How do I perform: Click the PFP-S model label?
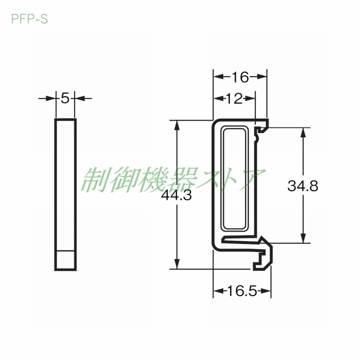pyautogui.click(x=29, y=19)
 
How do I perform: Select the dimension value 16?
pyautogui.click(x=240, y=77)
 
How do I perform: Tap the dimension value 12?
pyautogui.click(x=234, y=99)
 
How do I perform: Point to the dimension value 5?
pyautogui.click(x=65, y=98)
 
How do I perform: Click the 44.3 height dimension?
pyautogui.click(x=176, y=196)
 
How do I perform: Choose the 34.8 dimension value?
pyautogui.click(x=303, y=186)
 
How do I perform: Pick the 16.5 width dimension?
pyautogui.click(x=242, y=291)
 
